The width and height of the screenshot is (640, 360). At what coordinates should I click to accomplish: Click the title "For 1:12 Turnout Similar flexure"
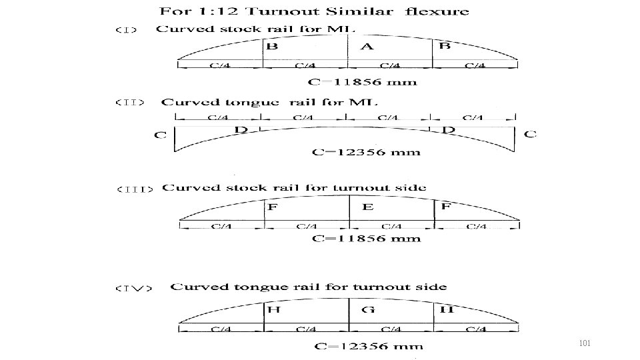(x=313, y=11)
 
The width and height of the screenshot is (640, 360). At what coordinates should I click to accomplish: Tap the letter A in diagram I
(x=367, y=47)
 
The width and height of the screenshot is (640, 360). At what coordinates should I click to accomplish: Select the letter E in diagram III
(x=367, y=208)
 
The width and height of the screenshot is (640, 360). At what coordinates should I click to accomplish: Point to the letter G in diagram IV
(x=368, y=310)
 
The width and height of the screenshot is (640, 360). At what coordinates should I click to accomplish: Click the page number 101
(x=585, y=343)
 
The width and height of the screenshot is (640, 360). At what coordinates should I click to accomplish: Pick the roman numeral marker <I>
(x=127, y=30)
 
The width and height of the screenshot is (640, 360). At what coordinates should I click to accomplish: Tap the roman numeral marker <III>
(x=135, y=189)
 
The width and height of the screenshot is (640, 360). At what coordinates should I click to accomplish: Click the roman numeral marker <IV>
(x=134, y=288)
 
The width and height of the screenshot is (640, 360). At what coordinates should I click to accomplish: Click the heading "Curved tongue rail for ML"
(x=269, y=102)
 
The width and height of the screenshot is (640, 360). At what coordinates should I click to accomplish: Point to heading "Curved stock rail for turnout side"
(x=294, y=187)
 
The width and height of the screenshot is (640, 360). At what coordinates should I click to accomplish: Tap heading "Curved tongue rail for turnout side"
(x=309, y=287)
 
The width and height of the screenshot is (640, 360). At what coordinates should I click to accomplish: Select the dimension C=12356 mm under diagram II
(x=367, y=152)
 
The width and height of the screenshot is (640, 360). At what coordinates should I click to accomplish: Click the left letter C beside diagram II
(x=160, y=135)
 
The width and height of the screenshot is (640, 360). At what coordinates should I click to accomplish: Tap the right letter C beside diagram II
(x=530, y=134)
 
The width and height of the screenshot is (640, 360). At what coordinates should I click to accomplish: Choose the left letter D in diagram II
(x=241, y=129)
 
